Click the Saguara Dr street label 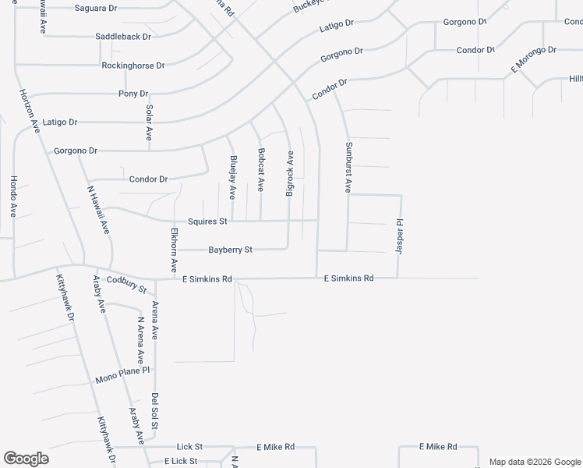[95, 8]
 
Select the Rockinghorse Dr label [133, 66]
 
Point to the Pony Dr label [133, 94]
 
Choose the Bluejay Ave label [232, 175]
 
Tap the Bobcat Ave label [261, 169]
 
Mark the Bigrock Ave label [290, 173]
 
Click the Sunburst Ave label [348, 168]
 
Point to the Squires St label [207, 222]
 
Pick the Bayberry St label [230, 250]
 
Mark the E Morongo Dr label [533, 59]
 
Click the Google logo [26, 459]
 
